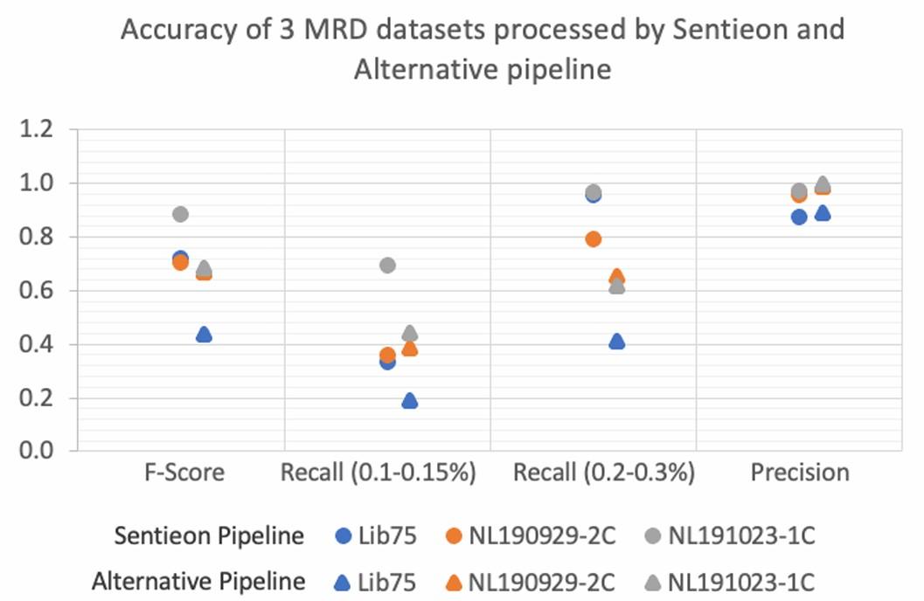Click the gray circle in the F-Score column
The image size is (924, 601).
point(181,214)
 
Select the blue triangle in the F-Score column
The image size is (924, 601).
point(204,335)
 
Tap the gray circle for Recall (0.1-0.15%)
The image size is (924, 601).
point(387,265)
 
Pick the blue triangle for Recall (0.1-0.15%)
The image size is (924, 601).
point(409,401)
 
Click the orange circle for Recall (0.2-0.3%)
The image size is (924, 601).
point(594,238)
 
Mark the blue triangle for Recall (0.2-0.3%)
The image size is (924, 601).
point(616,342)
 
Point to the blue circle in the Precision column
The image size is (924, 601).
point(799,217)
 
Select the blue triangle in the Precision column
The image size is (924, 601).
point(822,213)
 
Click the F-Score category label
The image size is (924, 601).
point(184,473)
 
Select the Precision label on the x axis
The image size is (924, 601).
point(801,473)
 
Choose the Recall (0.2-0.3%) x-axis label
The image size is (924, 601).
point(604,473)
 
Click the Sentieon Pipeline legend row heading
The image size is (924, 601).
point(210,535)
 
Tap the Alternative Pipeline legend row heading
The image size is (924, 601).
point(198,581)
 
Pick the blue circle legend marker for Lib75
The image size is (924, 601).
point(344,536)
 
